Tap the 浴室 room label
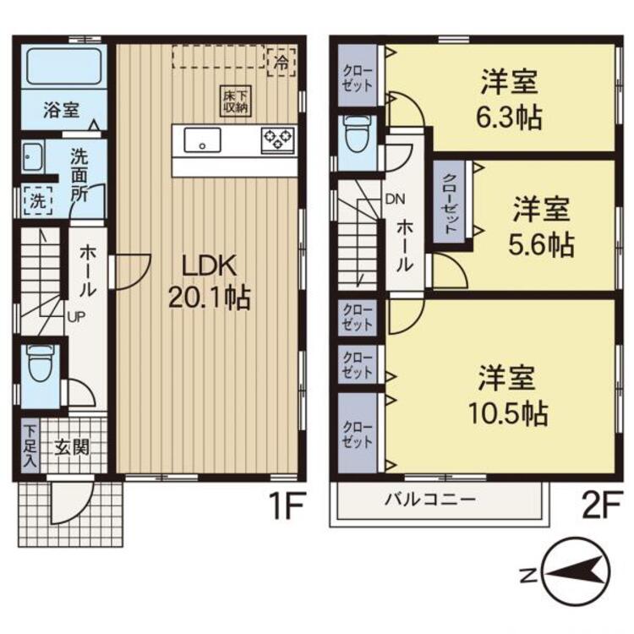pyautogui.click(x=61, y=111)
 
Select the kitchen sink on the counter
pyautogui.click(x=202, y=140)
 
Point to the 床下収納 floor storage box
pyautogui.click(x=235, y=99)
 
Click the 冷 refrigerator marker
pyautogui.click(x=279, y=61)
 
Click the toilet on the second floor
pyautogui.click(x=353, y=133)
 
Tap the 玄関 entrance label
pyautogui.click(x=73, y=446)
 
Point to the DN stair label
pyautogui.click(x=395, y=200)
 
